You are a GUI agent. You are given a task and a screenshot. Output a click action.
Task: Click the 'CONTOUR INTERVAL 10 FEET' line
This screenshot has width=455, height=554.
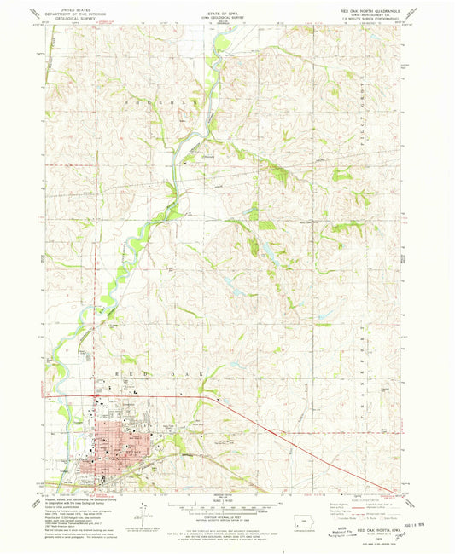tap(226, 517)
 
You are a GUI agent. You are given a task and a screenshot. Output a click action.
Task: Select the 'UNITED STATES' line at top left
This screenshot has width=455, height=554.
tap(73, 6)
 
